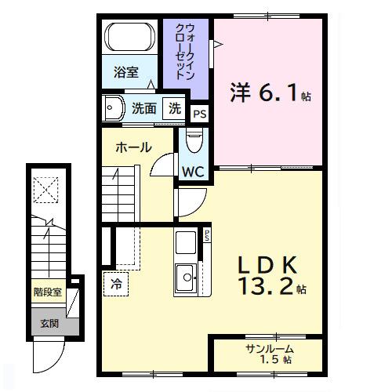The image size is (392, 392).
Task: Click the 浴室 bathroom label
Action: point(125,73)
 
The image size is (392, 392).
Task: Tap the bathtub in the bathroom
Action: point(130,38)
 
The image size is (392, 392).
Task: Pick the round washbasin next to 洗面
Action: point(113,107)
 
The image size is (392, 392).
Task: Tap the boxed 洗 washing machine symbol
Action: point(176,109)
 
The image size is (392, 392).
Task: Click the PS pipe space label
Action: point(200,114)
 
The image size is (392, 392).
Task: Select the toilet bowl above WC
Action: point(194,142)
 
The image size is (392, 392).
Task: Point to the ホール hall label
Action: point(133,147)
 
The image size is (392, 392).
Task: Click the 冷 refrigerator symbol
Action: point(116,284)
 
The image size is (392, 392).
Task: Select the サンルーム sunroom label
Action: point(270,347)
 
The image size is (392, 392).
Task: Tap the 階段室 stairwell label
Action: point(47,295)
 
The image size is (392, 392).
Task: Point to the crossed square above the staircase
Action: point(45,189)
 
